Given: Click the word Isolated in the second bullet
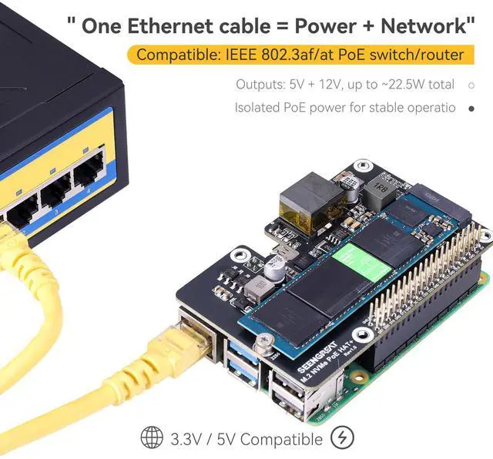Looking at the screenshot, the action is point(260,108).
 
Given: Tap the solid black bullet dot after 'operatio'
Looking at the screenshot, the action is point(471,108).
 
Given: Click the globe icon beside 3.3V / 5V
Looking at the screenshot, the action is point(151,437).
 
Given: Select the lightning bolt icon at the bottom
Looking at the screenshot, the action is point(342,437).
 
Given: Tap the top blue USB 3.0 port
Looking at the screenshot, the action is point(245,353).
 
